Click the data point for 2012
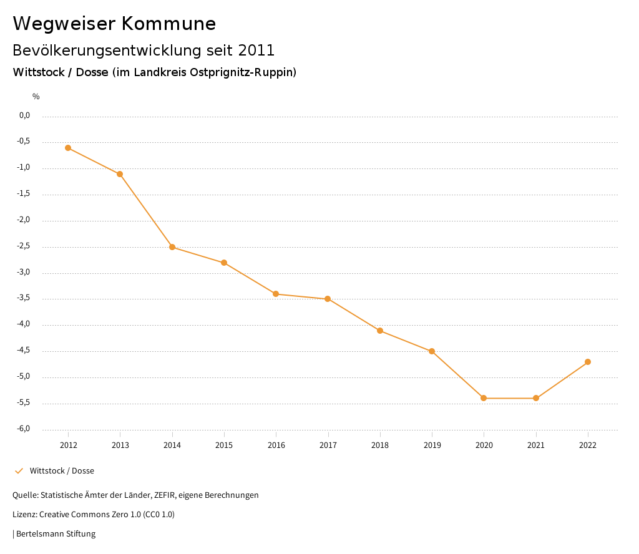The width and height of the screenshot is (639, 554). pyautogui.click(x=68, y=148)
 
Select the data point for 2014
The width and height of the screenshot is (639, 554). pyautogui.click(x=172, y=247)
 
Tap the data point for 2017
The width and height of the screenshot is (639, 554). pyautogui.click(x=328, y=299)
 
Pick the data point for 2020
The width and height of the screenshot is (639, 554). pyautogui.click(x=484, y=398)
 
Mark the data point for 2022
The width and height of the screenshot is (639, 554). pyautogui.click(x=588, y=362)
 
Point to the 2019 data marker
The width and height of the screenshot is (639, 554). pyautogui.click(x=432, y=351)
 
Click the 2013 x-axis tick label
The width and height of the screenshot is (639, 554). pyautogui.click(x=120, y=445)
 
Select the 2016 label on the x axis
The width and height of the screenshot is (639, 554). pyautogui.click(x=276, y=445)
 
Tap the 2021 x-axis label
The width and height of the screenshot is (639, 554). pyautogui.click(x=536, y=445)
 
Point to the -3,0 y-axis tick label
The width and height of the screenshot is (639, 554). pyautogui.click(x=24, y=273)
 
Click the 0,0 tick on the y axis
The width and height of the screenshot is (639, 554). pyautogui.click(x=25, y=115)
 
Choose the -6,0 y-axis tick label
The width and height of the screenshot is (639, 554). pyautogui.click(x=24, y=429)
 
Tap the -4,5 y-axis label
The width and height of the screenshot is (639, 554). pyautogui.click(x=24, y=351)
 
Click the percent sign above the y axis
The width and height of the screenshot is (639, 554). pyautogui.click(x=36, y=97)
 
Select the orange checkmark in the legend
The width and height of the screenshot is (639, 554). pyautogui.click(x=19, y=470)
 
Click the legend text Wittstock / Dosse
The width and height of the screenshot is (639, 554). pyautogui.click(x=62, y=471)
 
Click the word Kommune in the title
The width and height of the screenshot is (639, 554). pyautogui.click(x=169, y=24)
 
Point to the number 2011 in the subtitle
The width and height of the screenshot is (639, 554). pyautogui.click(x=256, y=50)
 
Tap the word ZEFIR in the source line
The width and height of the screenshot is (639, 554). pyautogui.click(x=166, y=495)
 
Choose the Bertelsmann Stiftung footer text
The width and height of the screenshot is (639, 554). pyautogui.click(x=56, y=534)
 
